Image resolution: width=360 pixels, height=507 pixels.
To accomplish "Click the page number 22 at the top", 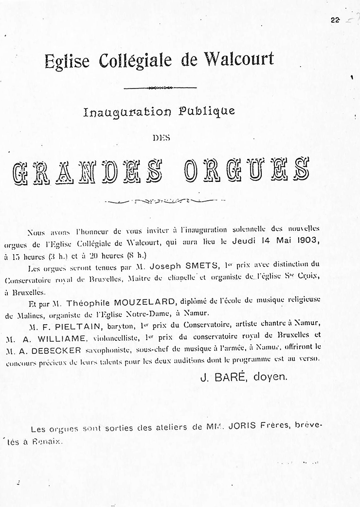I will [334, 20].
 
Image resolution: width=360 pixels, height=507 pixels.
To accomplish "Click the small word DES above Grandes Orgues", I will [160, 138].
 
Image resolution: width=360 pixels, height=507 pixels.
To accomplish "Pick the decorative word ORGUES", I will [247, 172].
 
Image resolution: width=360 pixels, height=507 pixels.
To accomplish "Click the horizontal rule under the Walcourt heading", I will [161, 88].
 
